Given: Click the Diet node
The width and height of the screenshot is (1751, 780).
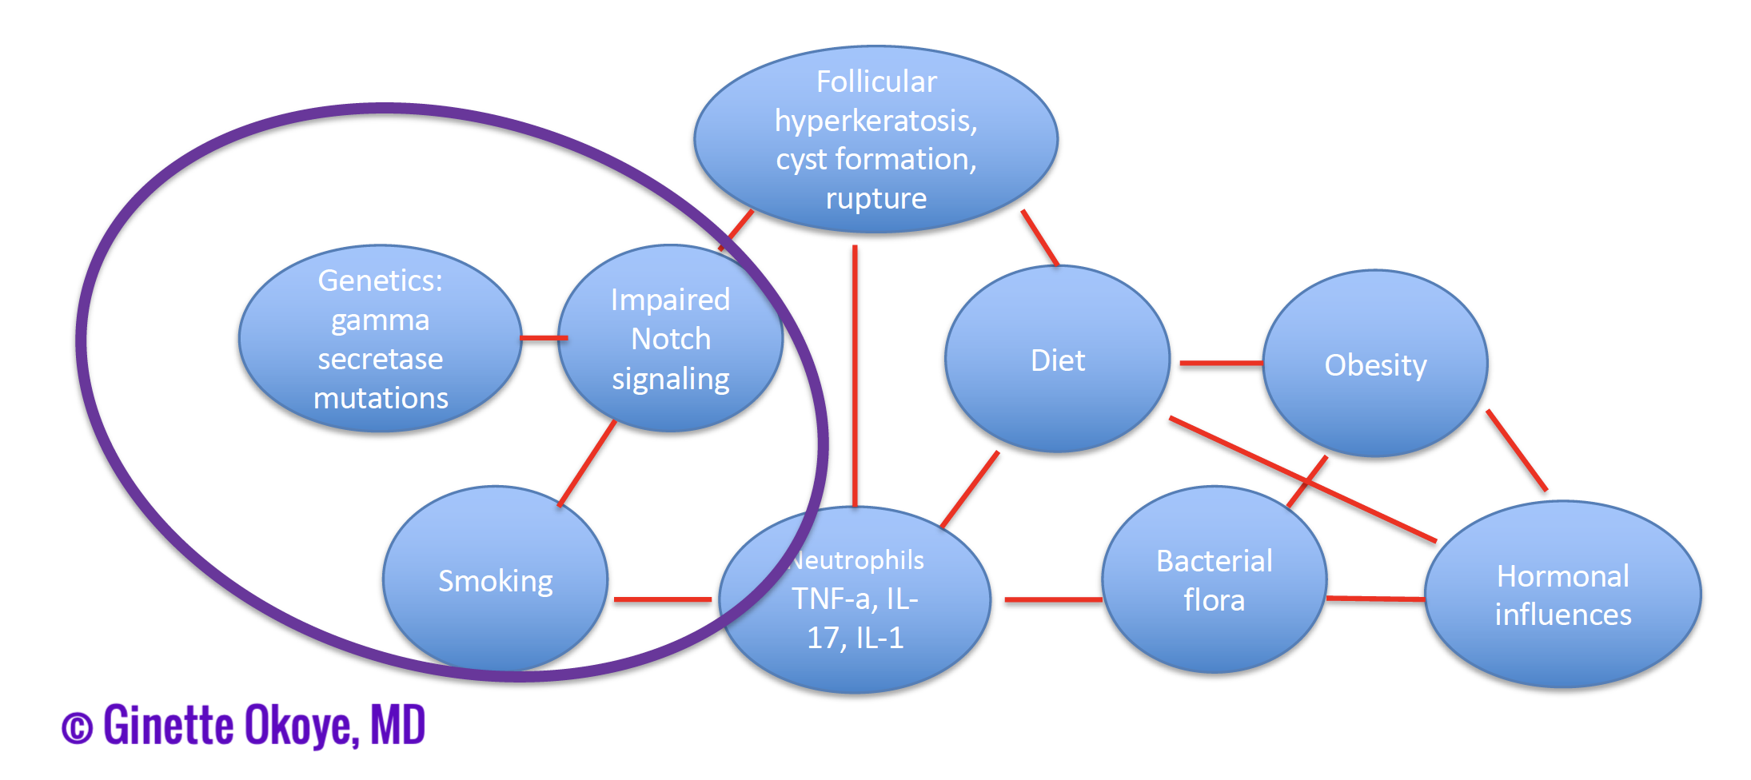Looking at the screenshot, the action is [x=1057, y=360].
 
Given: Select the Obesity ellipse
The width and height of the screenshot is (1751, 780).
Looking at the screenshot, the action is [x=1375, y=364].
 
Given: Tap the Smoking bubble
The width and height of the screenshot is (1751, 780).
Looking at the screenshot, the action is [x=496, y=579].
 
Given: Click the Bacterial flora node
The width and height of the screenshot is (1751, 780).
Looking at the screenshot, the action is [x=1215, y=579].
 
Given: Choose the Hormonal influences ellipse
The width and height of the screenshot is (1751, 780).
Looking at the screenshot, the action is [x=1563, y=594].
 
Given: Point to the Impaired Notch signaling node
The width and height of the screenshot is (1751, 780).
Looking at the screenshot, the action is [x=670, y=338].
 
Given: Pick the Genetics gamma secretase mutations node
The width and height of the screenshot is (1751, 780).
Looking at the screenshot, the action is [x=381, y=338].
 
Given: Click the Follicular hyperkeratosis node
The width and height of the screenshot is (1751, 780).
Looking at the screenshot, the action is [x=876, y=140].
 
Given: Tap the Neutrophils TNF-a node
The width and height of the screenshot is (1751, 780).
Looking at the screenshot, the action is [x=856, y=599].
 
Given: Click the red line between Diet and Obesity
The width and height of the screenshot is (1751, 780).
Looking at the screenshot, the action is [x=1221, y=364].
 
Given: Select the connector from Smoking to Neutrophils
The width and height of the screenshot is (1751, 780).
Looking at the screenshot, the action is [x=663, y=599].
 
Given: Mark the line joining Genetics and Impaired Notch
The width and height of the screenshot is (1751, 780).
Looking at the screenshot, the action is [x=544, y=338].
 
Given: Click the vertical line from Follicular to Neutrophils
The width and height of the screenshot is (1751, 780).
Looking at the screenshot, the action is [x=855, y=376].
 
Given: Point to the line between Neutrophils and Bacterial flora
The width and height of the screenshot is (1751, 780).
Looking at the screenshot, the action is [x=1054, y=599].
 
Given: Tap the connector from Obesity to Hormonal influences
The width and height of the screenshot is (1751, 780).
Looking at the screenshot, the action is [x=1517, y=451].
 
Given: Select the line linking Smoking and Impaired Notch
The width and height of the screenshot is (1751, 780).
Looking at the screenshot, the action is [x=587, y=464].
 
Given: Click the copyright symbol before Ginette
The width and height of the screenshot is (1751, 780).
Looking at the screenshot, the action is [x=78, y=728].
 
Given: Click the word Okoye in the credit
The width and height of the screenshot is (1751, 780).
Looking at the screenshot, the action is [x=301, y=726].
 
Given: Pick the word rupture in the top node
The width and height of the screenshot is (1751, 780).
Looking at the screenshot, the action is [x=876, y=198].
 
